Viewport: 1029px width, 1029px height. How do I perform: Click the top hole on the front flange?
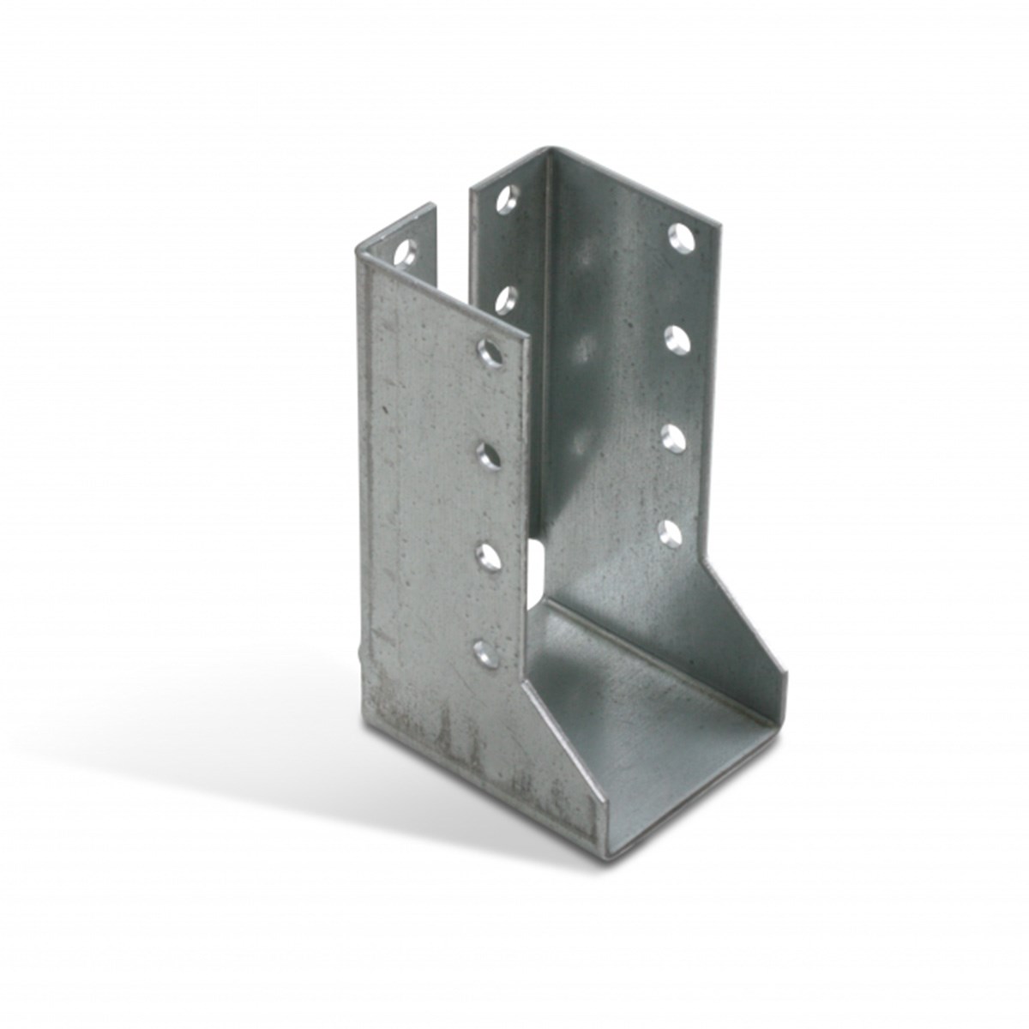(x=490, y=352)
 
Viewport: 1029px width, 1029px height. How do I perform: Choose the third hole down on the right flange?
(x=676, y=437)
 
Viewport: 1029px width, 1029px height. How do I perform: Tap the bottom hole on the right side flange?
(x=671, y=533)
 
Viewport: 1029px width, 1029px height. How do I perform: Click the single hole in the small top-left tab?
(x=404, y=252)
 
